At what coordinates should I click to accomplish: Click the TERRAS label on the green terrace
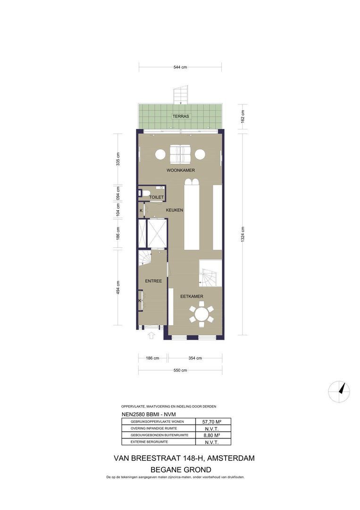click(181, 116)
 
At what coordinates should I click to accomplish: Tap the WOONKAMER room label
click(181, 170)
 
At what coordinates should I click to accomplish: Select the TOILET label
click(156, 197)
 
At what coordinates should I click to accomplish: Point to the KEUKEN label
click(175, 210)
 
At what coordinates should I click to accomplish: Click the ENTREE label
click(153, 281)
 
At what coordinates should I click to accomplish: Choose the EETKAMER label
click(192, 296)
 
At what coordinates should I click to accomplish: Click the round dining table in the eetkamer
click(201, 314)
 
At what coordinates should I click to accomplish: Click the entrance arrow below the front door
click(151, 335)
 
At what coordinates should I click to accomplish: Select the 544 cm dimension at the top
click(180, 68)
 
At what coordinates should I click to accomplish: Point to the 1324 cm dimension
click(243, 234)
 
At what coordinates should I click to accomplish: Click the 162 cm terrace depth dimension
click(243, 117)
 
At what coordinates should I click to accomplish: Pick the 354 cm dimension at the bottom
click(195, 358)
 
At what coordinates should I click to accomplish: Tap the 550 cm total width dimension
click(180, 370)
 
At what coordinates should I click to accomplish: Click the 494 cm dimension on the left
click(118, 288)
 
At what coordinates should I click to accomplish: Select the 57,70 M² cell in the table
click(212, 422)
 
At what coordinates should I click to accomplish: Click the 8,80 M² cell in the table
click(212, 435)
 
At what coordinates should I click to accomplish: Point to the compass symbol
click(339, 391)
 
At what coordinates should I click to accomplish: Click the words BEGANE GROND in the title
click(181, 470)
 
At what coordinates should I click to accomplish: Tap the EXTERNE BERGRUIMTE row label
click(150, 442)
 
